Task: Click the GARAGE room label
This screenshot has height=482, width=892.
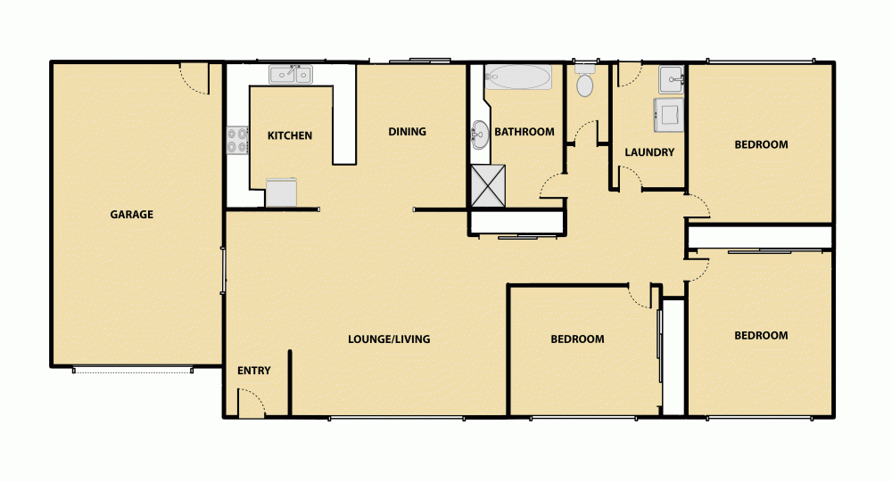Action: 131,215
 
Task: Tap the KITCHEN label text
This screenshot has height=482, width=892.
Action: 290,136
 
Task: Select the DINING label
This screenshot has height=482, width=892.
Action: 407,132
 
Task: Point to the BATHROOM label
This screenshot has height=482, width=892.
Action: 524,132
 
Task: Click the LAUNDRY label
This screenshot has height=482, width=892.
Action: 649,152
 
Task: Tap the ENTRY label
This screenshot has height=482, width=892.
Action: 254,371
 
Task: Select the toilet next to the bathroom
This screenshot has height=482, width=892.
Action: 585,83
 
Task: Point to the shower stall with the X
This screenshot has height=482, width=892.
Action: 488,184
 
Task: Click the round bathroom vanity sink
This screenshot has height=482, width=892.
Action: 480,136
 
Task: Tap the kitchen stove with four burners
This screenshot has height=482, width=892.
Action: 237,141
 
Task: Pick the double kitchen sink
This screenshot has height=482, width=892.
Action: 291,75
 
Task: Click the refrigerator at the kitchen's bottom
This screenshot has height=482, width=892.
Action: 282,192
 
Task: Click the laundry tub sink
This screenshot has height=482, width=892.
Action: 671,79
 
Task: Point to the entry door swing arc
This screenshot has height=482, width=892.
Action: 252,404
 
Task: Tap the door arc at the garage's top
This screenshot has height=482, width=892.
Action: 194,78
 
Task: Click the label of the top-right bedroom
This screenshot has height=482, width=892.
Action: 761,144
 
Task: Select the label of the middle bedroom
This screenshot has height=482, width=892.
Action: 577,339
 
